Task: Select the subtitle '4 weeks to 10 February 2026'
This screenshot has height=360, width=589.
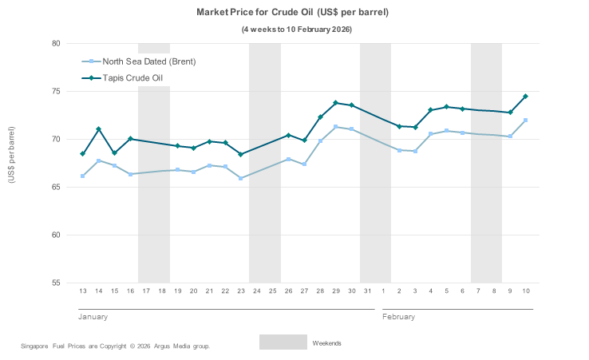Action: pyautogui.click(x=297, y=30)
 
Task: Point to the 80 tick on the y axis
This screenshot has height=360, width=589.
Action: pyautogui.click(x=56, y=44)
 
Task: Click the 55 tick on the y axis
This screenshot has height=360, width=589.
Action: pyautogui.click(x=56, y=283)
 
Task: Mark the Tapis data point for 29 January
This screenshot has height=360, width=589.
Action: pyautogui.click(x=336, y=103)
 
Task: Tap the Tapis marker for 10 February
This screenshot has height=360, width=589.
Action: pyautogui.click(x=526, y=97)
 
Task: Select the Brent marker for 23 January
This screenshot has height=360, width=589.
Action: pyautogui.click(x=241, y=178)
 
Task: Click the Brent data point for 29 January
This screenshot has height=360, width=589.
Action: pyautogui.click(x=336, y=127)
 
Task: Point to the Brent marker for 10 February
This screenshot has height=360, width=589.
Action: pyautogui.click(x=526, y=121)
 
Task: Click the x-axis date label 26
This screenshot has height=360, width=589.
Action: pyautogui.click(x=288, y=291)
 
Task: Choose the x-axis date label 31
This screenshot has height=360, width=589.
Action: pyautogui.click(x=367, y=291)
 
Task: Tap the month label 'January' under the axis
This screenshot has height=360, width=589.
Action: pyautogui.click(x=93, y=317)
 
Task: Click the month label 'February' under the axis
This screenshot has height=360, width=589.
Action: pyautogui.click(x=399, y=317)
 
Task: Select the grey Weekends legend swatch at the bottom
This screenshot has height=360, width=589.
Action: pyautogui.click(x=283, y=342)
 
